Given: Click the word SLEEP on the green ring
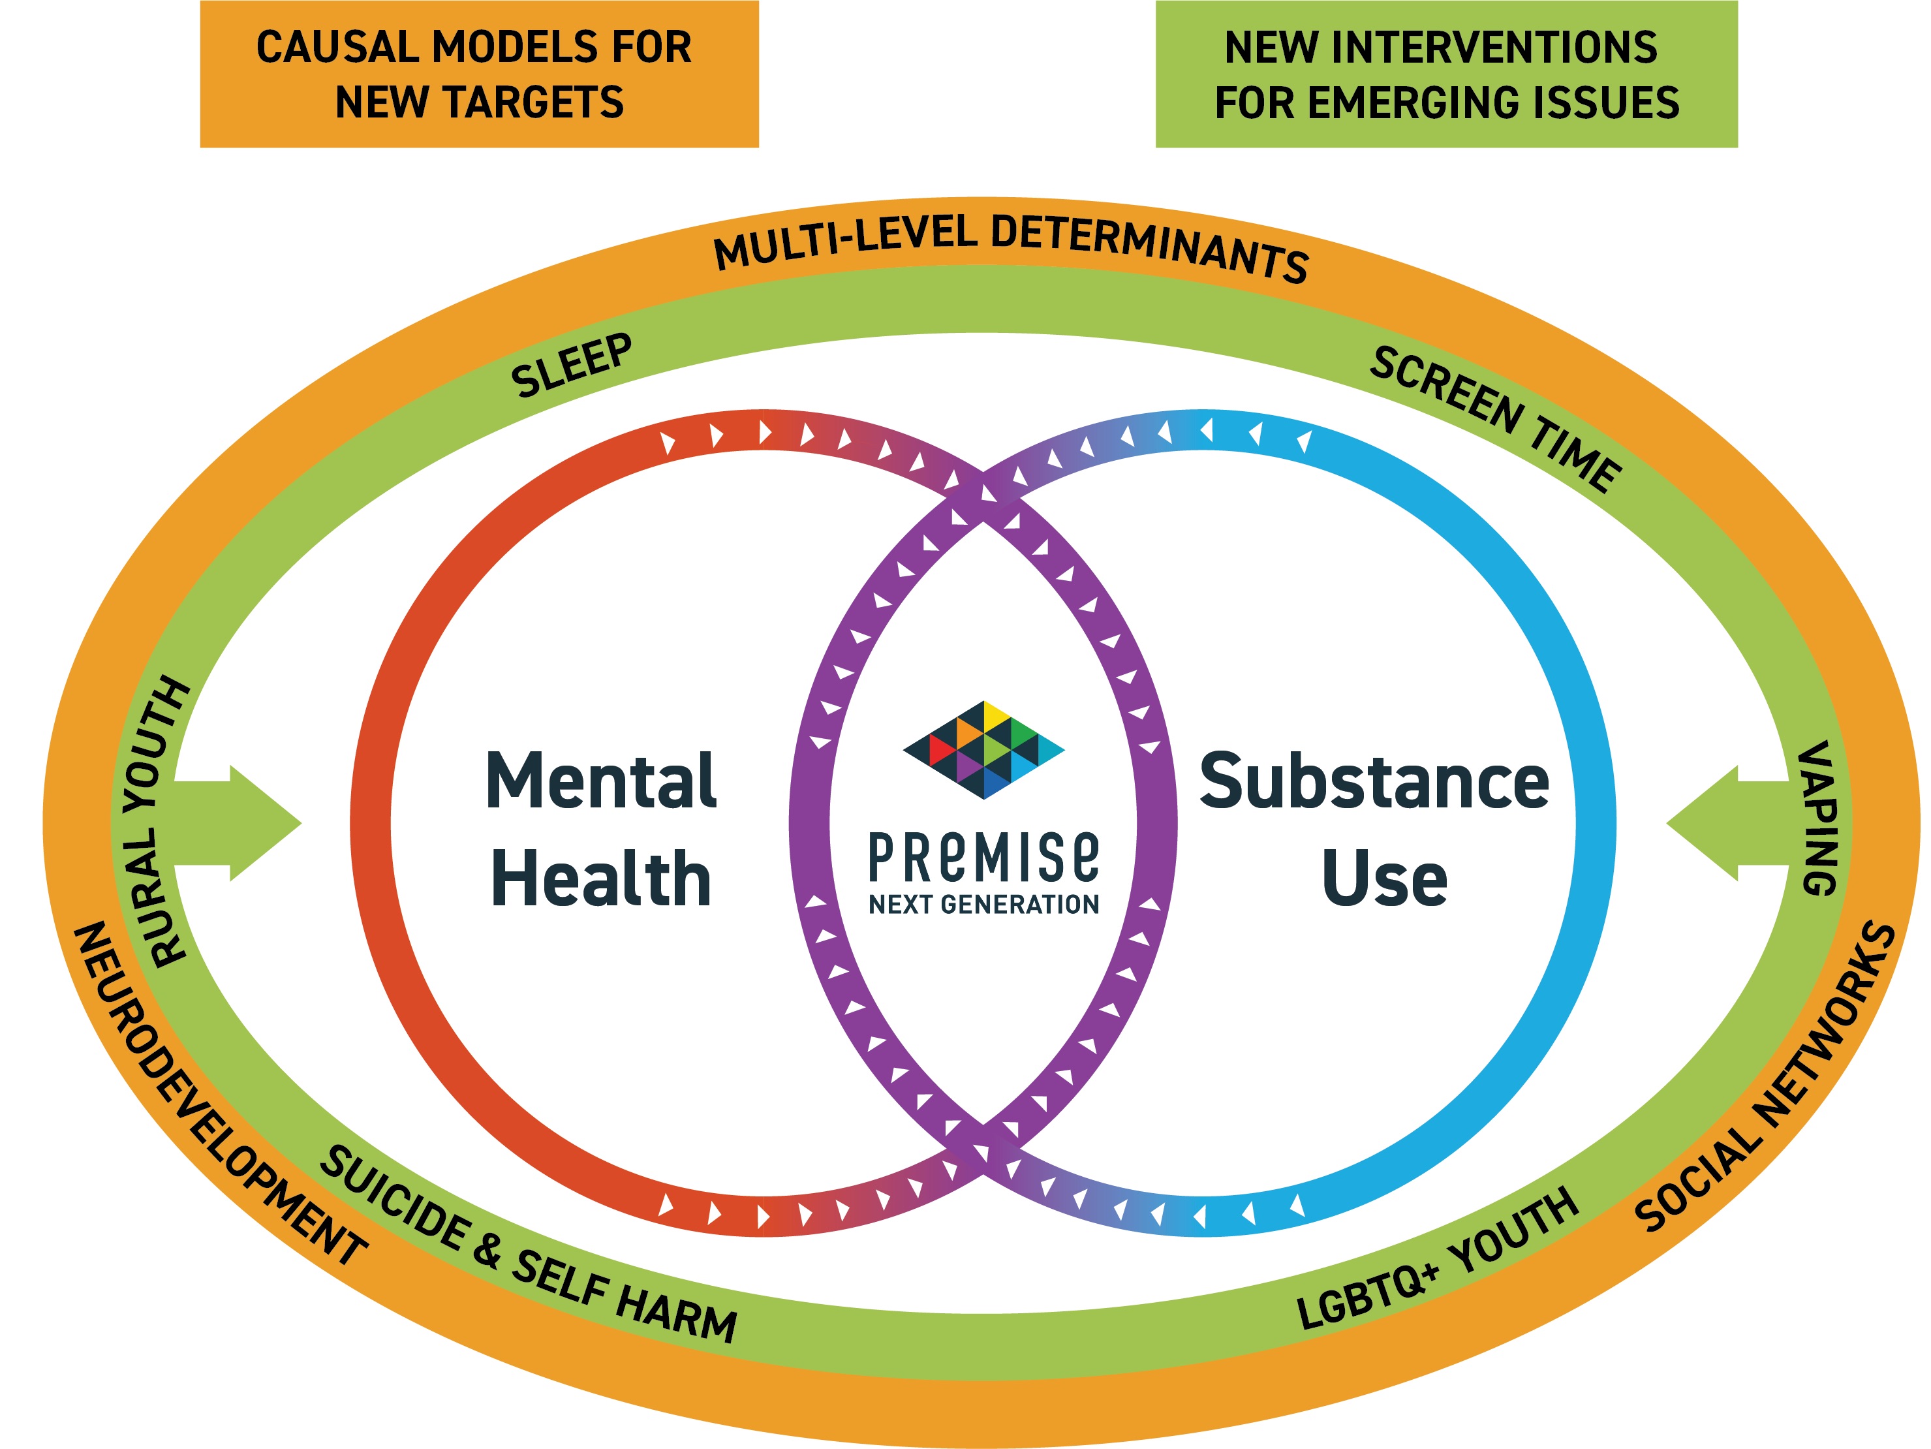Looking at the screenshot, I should (x=572, y=365).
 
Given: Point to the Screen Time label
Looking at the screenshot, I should (x=1495, y=417).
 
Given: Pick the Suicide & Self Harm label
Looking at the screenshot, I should (x=528, y=1245).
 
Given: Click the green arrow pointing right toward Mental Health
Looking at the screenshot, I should (x=245, y=823).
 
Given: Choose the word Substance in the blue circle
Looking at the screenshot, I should (x=1374, y=781).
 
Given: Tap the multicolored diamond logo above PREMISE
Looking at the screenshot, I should (x=984, y=749).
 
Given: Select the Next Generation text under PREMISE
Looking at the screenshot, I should (x=984, y=904).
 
